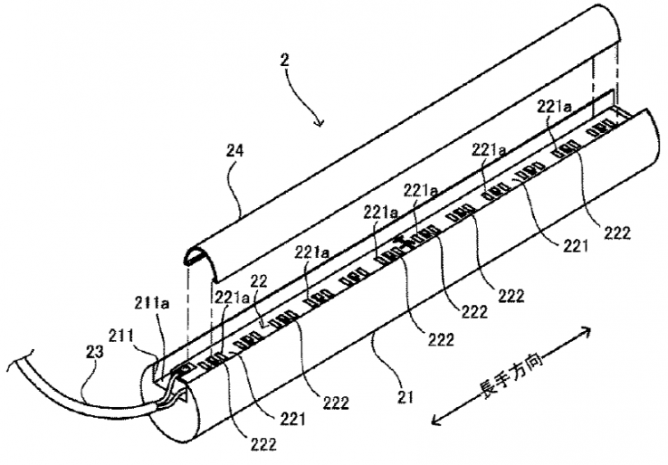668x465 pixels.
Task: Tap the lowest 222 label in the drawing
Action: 261,443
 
